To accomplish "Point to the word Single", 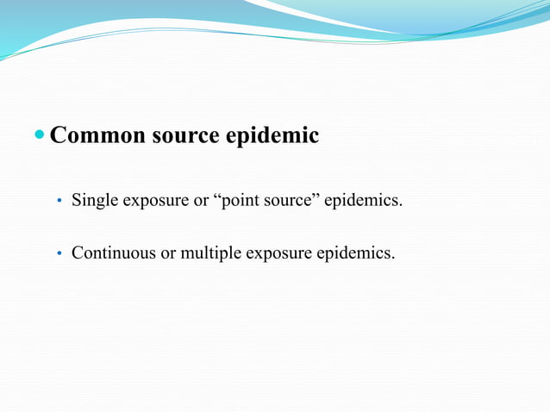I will (94, 201).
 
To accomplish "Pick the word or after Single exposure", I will (201, 201).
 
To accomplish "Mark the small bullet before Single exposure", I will (59, 202).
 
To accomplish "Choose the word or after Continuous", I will (165, 253).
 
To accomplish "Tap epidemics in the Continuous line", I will (354, 253).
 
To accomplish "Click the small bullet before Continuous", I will (59, 254).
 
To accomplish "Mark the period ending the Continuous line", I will (394, 258).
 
